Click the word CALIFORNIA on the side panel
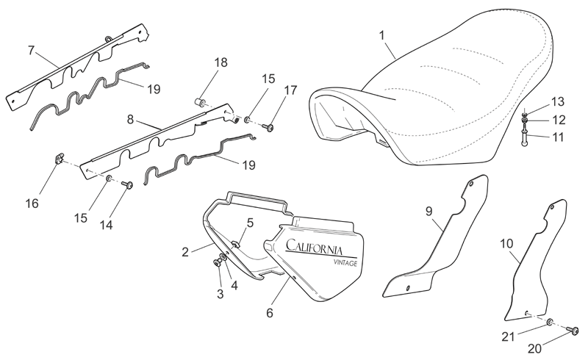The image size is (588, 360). (314, 247)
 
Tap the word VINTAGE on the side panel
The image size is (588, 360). (345, 263)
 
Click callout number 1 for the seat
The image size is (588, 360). (381, 36)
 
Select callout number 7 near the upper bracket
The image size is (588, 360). (32, 50)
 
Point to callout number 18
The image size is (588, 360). (221, 62)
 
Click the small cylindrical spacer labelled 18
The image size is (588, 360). (200, 101)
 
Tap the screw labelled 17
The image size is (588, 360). (269, 128)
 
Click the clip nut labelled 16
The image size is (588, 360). (57, 159)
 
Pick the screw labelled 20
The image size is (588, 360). (573, 330)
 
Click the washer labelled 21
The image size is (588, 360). (550, 322)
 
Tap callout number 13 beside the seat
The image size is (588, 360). (558, 101)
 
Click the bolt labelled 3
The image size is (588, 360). (217, 263)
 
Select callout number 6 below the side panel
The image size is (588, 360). (270, 313)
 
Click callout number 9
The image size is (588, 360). (429, 211)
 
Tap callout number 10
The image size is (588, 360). (506, 244)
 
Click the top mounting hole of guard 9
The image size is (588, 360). (471, 184)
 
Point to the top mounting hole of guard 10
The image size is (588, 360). (552, 207)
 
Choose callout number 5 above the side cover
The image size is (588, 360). (250, 223)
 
